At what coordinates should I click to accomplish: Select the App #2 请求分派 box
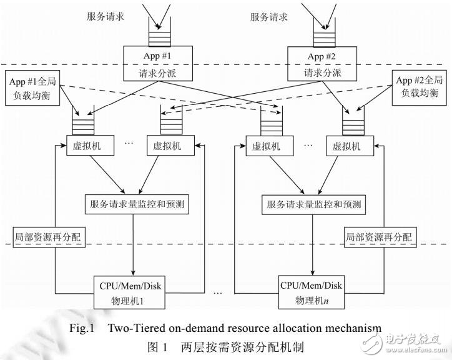tap(323, 63)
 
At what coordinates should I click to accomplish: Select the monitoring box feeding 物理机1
tap(132, 204)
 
